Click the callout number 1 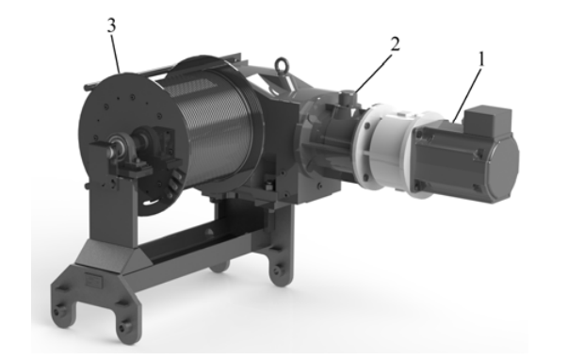click(x=481, y=59)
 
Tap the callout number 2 click(x=395, y=44)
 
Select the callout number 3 click(x=111, y=25)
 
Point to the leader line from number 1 click(x=467, y=94)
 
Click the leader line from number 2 click(x=373, y=73)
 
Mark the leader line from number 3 click(x=116, y=53)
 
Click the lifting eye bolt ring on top click(x=282, y=66)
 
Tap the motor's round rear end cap click(x=504, y=166)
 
